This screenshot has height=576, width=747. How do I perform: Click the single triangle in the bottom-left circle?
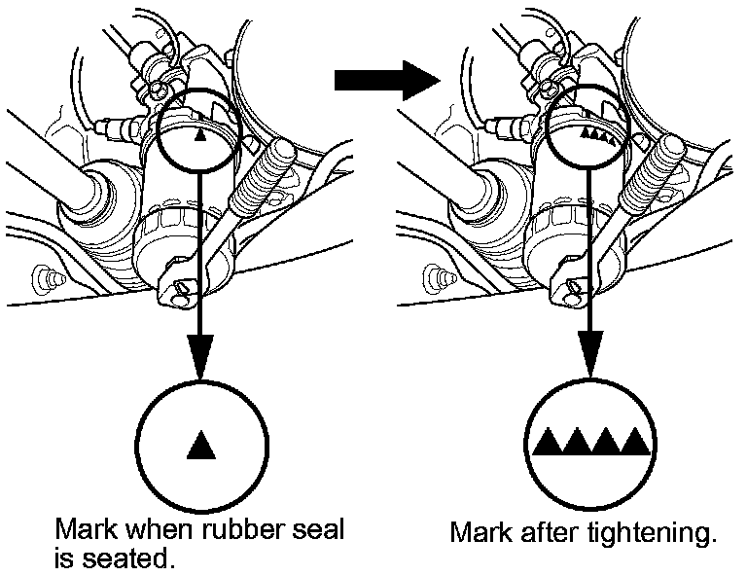[199, 445]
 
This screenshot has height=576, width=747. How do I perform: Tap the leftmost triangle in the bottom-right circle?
[549, 442]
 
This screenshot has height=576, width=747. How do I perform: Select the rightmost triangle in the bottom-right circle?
[635, 442]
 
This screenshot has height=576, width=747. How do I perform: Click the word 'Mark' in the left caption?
[82, 531]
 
